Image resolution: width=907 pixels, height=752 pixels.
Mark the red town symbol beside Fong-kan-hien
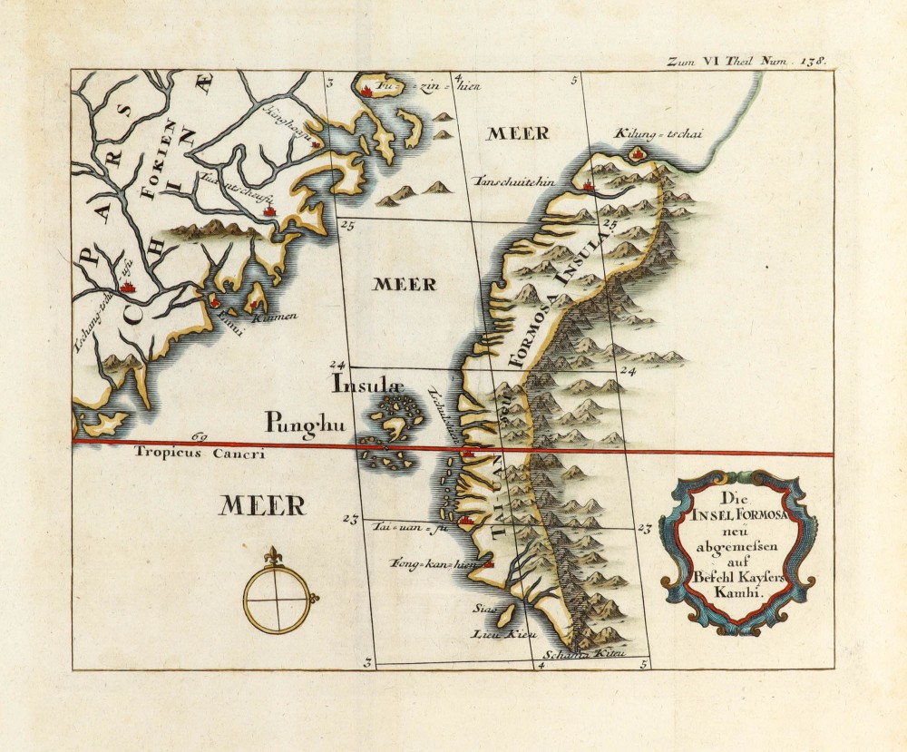coord(489,564)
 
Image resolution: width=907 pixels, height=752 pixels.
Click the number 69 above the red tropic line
coord(200,437)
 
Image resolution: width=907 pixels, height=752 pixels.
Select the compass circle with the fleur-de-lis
coord(277,600)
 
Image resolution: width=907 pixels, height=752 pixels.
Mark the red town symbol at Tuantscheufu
coord(268,210)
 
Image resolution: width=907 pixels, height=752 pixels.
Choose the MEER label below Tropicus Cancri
coord(262,504)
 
